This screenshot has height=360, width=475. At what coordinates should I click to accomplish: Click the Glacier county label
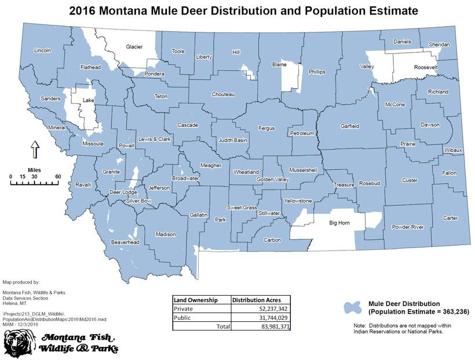(134, 47)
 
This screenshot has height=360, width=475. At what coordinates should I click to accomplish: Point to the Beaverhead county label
(125, 242)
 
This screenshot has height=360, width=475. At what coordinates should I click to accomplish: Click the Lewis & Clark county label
(154, 140)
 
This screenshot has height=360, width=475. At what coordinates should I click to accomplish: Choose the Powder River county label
(408, 227)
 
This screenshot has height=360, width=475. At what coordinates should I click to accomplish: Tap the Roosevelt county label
(426, 68)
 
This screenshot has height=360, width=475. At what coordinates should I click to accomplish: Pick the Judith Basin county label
(232, 140)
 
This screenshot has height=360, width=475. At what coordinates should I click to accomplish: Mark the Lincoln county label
(43, 50)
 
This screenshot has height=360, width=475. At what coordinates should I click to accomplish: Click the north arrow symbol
(34, 150)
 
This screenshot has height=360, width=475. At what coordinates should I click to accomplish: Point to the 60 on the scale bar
(58, 176)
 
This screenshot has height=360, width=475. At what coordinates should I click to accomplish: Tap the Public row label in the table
(184, 317)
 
